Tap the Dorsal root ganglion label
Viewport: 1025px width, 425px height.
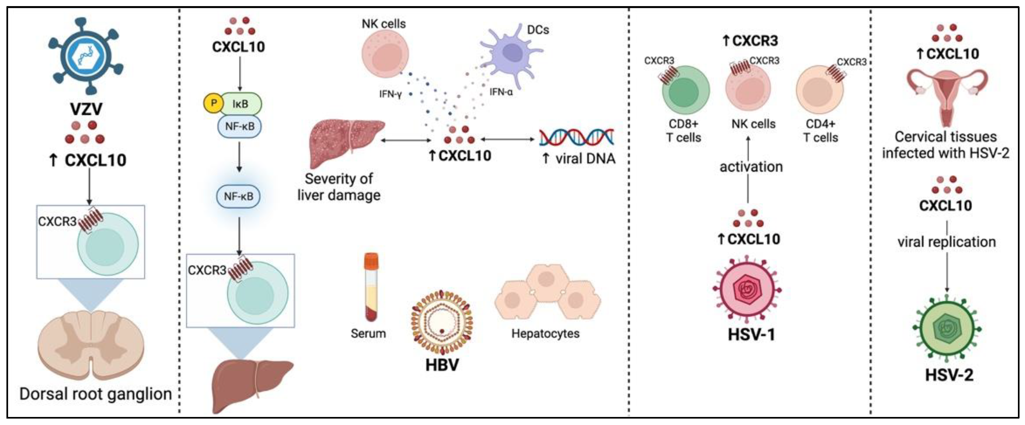(96, 394)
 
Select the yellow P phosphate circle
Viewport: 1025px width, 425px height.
(214, 103)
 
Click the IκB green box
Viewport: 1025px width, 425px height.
(240, 104)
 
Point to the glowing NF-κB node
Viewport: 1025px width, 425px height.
(238, 196)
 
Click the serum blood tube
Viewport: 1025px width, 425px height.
(371, 287)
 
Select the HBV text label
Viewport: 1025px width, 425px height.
(442, 365)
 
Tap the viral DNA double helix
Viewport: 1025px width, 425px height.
(577, 137)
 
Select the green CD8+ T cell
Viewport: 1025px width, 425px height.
(685, 90)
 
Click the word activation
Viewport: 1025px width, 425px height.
(751, 167)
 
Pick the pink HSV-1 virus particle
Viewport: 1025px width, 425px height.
(747, 289)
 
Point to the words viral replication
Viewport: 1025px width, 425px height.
(947, 242)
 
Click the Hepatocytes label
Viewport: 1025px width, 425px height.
(545, 333)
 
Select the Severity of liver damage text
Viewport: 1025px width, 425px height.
(339, 187)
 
